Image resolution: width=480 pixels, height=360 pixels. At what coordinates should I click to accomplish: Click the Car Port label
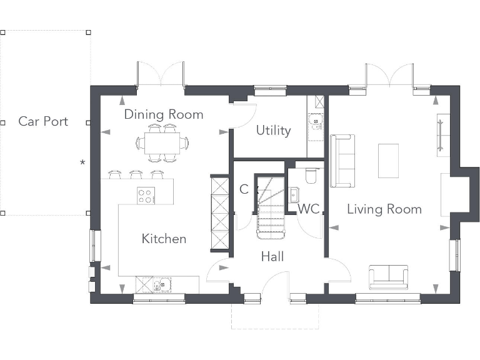point(43,121)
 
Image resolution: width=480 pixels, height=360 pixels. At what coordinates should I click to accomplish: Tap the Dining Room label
point(164,114)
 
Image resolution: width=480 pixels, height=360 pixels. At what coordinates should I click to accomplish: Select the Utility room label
point(273,131)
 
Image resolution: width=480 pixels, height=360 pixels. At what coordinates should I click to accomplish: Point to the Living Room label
point(384,209)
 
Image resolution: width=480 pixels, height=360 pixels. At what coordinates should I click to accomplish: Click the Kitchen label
point(164,239)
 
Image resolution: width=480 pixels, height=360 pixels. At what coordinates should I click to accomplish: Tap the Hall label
point(272,256)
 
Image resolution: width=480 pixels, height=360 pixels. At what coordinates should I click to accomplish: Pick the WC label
point(309,209)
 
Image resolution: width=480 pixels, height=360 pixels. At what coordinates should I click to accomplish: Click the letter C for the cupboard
point(244,189)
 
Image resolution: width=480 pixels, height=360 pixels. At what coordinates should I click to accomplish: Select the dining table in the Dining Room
point(162,143)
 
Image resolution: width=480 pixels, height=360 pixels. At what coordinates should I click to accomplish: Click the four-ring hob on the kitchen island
point(146,195)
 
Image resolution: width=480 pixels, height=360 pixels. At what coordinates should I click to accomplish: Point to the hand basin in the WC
point(294,195)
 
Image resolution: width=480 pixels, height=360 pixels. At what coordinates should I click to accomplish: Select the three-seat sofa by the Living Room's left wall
point(342,161)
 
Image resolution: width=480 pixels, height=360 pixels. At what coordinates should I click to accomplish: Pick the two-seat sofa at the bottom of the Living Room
point(389,277)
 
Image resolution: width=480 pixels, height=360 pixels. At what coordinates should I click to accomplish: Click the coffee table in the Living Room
point(389,161)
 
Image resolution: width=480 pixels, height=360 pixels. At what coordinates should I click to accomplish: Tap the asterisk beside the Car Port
point(82,162)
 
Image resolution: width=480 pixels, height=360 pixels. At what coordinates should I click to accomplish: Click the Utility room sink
point(316,121)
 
